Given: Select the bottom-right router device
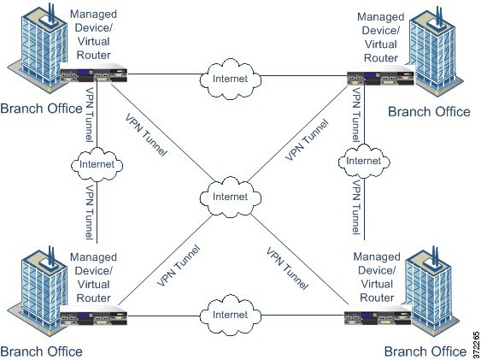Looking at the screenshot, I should (x=368, y=317).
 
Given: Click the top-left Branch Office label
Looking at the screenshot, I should (x=41, y=109).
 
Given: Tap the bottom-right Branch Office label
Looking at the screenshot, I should (x=425, y=351).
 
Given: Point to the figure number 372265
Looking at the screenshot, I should (x=474, y=341).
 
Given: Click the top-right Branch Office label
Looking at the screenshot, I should (x=428, y=111).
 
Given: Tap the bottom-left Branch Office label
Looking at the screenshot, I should (x=41, y=351).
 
